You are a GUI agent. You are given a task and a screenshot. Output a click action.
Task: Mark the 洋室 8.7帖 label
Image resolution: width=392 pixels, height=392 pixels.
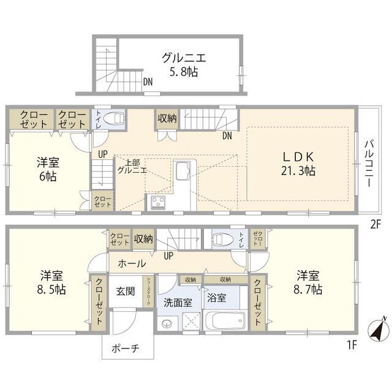(x=309, y=282)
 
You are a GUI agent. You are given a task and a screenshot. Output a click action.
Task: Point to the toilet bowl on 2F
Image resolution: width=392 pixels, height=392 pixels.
(x=112, y=118)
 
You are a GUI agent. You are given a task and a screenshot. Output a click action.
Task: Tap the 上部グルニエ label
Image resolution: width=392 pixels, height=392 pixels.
(x=132, y=167)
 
